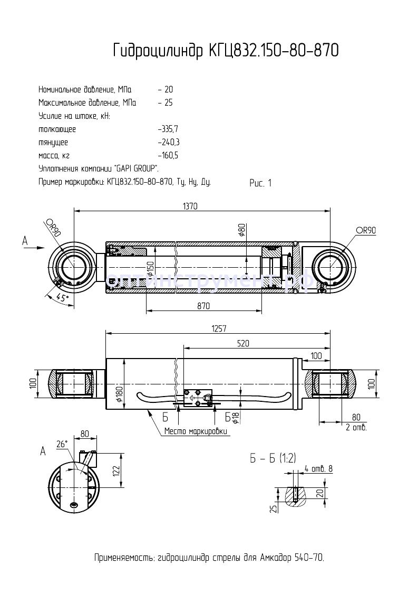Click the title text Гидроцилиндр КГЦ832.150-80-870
point(226,51)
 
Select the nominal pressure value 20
point(168,89)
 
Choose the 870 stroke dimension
point(203,306)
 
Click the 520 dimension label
point(242,343)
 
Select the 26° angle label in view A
point(62,445)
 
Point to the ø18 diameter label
point(236,417)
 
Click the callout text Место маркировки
point(196,431)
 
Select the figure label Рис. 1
point(260,183)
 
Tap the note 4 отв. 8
point(319,468)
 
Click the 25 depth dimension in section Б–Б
point(272,508)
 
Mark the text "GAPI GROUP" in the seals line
point(135,168)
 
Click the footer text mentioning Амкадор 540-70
point(209,558)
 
